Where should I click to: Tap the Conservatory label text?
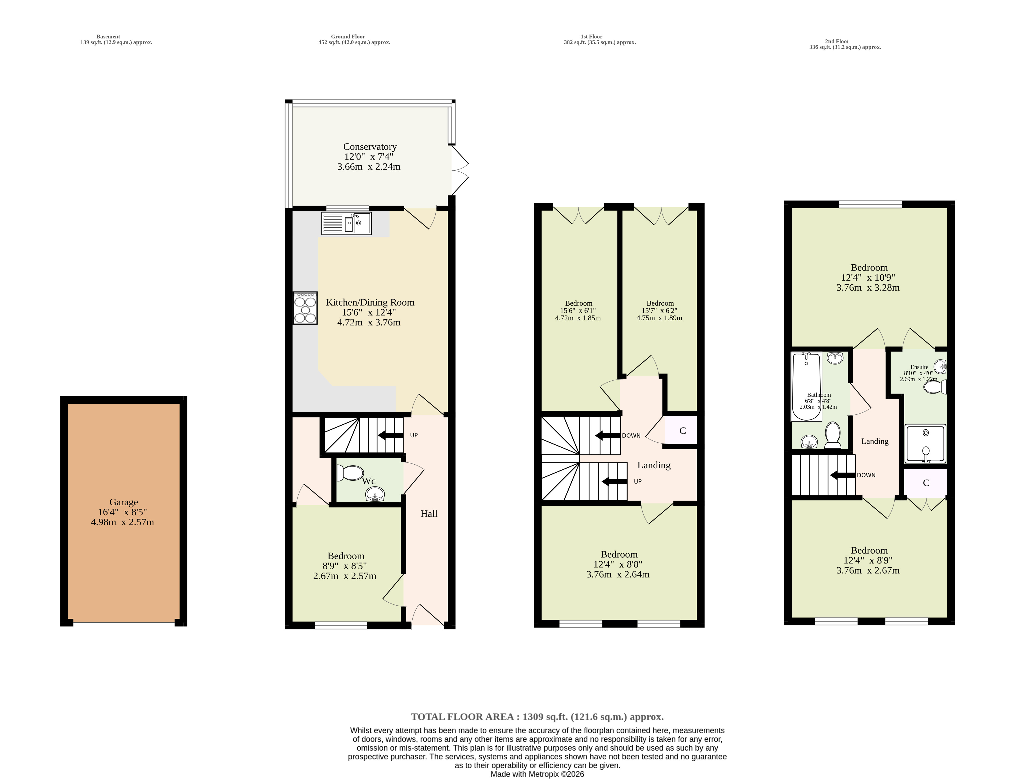[x=369, y=147]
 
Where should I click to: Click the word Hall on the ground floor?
[x=429, y=514]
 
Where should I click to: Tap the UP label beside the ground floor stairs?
[x=414, y=435]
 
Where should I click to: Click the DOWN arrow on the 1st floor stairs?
[x=608, y=435]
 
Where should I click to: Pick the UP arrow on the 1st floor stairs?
[x=614, y=482]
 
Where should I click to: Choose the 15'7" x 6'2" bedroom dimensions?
[x=659, y=311]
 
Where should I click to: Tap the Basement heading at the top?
[x=108, y=37]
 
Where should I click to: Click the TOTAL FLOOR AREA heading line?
[x=538, y=717]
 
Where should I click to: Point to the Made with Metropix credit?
[x=538, y=774]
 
